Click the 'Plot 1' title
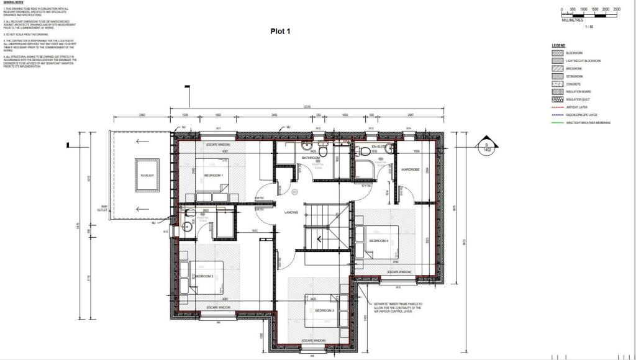(280, 31)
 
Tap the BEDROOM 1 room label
(214, 176)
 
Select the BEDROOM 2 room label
(204, 276)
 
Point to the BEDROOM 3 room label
(324, 310)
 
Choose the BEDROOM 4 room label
(378, 241)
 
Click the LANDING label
(291, 213)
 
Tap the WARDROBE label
(411, 169)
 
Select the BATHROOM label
(311, 158)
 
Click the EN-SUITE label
(379, 147)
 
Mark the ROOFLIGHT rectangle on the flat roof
(144, 176)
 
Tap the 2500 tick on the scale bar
(616, 9)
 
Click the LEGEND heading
(558, 46)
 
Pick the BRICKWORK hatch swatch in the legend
(557, 68)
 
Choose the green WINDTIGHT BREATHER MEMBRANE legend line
(557, 123)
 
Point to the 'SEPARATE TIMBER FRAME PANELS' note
(397, 308)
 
